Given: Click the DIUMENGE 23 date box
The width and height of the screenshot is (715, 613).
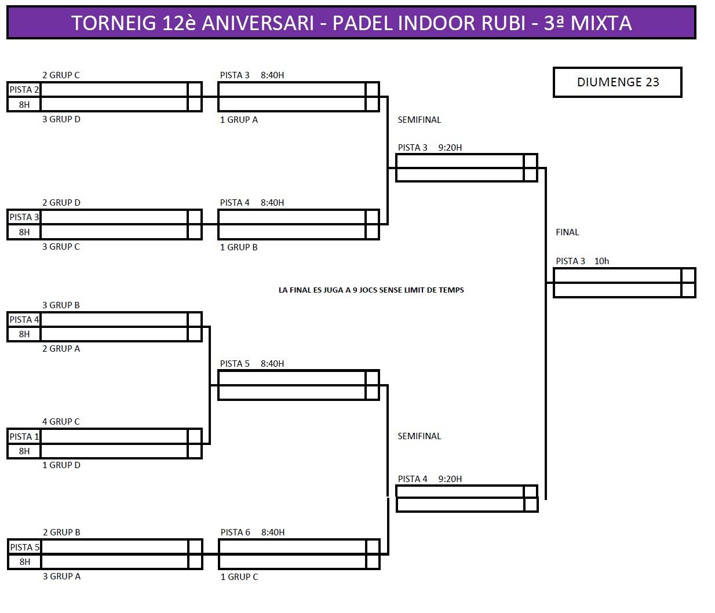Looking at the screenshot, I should click(x=618, y=82).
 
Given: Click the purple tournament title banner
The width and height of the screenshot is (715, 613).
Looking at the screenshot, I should click(x=351, y=23).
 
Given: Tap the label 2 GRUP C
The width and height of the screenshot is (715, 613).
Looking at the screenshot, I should click(x=61, y=75).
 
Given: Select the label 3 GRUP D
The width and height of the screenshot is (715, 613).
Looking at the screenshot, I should click(x=61, y=119).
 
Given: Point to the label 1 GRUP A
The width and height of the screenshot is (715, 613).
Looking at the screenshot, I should click(x=239, y=120).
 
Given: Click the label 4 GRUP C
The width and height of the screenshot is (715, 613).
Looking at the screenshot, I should click(x=61, y=422).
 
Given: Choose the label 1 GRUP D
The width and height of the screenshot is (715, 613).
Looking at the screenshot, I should click(x=61, y=465).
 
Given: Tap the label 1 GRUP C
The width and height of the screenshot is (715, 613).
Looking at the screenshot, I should click(x=239, y=577).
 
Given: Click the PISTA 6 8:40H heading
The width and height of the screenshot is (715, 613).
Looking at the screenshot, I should click(x=253, y=532).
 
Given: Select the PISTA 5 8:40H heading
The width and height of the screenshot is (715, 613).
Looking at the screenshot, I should click(x=252, y=364).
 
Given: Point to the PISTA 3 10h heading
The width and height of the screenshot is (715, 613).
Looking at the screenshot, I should click(x=582, y=261).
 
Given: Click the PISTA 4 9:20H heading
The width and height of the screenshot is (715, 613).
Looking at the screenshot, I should click(x=430, y=479).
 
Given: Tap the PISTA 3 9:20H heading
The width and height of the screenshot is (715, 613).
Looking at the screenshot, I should click(x=430, y=148).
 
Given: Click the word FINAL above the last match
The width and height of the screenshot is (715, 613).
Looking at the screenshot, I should click(x=567, y=232).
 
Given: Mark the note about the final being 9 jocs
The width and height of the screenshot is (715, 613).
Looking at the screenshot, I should click(x=371, y=290).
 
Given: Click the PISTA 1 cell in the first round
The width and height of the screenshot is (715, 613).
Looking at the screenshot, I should click(x=24, y=437).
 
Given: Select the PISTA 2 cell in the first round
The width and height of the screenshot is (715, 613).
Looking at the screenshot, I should click(x=24, y=90).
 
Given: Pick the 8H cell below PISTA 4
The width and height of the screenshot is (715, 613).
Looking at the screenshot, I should click(x=24, y=334).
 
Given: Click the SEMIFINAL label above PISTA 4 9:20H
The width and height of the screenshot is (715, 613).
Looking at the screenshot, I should click(x=419, y=436).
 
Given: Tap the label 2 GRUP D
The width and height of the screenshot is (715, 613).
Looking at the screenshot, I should click(x=61, y=203).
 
